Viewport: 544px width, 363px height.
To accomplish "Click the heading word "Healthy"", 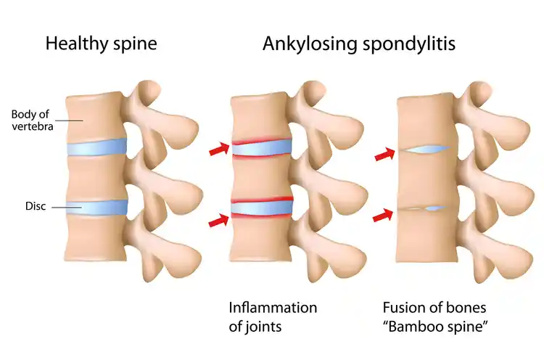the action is point(77,44).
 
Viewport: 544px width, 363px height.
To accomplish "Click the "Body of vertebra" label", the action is point(32,121).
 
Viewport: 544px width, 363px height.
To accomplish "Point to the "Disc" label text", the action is point(36,206).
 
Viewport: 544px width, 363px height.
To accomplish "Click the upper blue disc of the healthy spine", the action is point(96,147).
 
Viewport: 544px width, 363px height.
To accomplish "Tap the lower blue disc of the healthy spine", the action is point(96,208).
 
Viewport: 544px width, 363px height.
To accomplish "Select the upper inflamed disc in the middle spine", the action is point(262,148).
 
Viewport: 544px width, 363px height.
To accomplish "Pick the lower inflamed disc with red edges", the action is point(262,208).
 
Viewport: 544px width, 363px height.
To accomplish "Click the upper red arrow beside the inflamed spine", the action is point(219,149).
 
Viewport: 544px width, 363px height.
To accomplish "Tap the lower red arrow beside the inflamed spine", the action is point(219,220).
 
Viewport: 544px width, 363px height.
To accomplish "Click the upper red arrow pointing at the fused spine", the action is point(384,154).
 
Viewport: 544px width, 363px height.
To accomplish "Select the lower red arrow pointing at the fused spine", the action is point(383,215).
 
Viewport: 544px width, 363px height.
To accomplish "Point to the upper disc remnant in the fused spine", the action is point(424,150).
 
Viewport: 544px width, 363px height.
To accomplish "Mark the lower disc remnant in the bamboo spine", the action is point(423,209).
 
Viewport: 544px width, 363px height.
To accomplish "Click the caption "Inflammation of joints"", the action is point(273,317).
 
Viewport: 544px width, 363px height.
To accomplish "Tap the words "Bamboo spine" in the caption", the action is point(436,327).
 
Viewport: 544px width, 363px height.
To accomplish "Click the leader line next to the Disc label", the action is point(67,208).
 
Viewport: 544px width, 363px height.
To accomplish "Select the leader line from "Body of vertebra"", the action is point(70,121).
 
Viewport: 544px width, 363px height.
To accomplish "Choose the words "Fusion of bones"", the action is point(434,308).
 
